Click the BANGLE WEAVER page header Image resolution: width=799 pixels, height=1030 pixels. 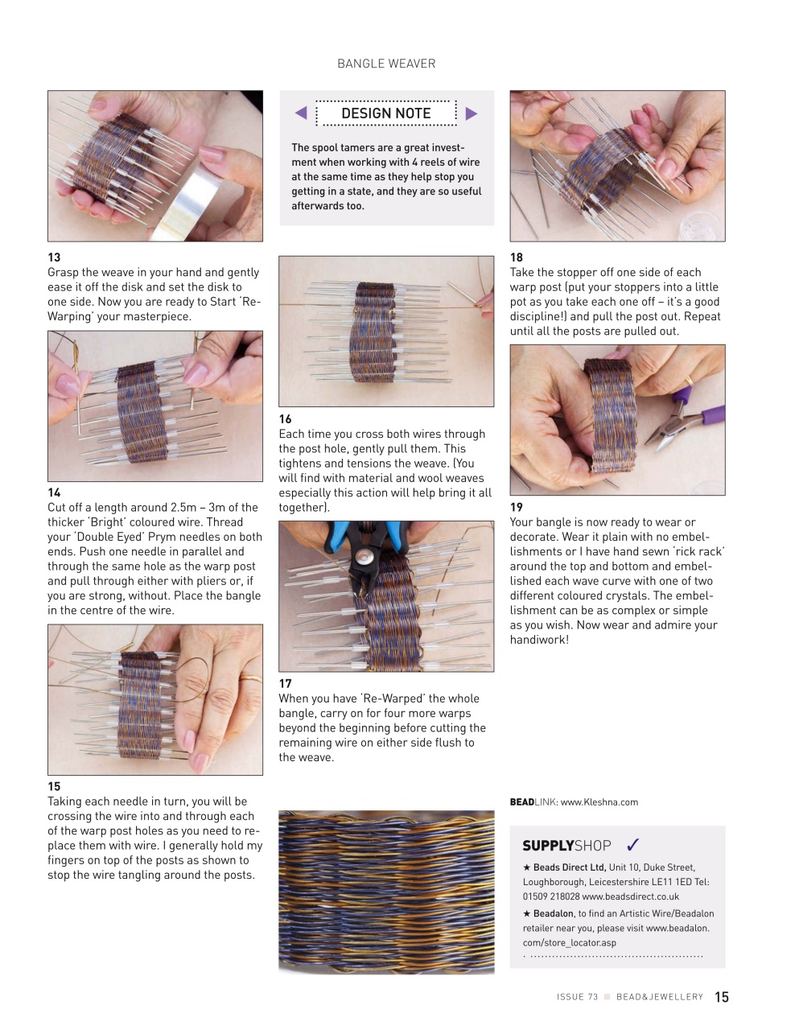pyautogui.click(x=386, y=64)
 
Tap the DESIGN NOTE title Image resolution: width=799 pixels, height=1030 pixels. pyautogui.click(x=385, y=113)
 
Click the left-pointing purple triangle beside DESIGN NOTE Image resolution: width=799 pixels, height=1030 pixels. pyautogui.click(x=301, y=113)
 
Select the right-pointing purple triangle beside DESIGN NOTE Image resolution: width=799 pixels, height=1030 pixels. pyautogui.click(x=472, y=113)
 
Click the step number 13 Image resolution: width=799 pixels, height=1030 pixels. pyautogui.click(x=54, y=257)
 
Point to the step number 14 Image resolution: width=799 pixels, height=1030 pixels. pyautogui.click(x=54, y=492)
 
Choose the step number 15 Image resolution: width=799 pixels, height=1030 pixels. pyautogui.click(x=54, y=786)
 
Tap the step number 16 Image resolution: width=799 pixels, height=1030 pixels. pyautogui.click(x=285, y=419)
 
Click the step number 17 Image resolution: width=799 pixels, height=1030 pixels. pyautogui.click(x=285, y=683)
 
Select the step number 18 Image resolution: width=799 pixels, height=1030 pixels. pyautogui.click(x=517, y=257)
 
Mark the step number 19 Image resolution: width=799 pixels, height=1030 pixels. pyautogui.click(x=517, y=507)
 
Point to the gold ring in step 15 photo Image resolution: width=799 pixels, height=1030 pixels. pyautogui.click(x=250, y=678)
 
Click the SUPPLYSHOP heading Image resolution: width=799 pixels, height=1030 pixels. pyautogui.click(x=566, y=846)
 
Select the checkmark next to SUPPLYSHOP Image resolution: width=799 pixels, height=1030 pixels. pyautogui.click(x=632, y=845)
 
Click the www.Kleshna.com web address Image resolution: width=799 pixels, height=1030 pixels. pyautogui.click(x=599, y=802)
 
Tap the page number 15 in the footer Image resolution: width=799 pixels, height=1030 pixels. pyautogui.click(x=722, y=997)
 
